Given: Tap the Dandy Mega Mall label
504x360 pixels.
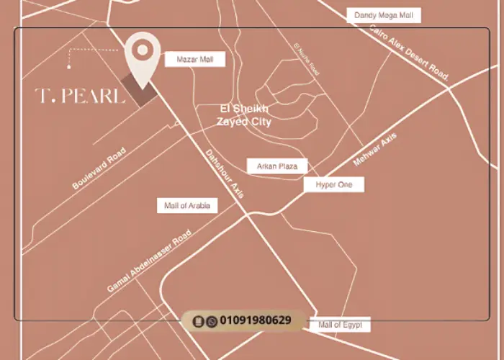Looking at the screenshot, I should tap(383, 15).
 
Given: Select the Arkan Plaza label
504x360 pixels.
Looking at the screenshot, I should tap(277, 166).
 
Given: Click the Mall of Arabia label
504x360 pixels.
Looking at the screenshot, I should tap(187, 206).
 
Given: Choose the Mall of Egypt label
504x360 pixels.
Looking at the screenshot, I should tap(340, 325).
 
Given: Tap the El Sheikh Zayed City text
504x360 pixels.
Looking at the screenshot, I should tap(244, 115).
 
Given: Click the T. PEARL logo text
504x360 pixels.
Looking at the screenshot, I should tap(80, 95).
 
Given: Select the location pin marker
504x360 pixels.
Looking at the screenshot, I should tap(143, 53).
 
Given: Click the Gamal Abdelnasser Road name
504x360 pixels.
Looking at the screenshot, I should tap(149, 262).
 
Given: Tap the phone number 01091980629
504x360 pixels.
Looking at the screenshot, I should tap(256, 320).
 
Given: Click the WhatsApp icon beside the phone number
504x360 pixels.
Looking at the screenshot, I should tap(212, 321).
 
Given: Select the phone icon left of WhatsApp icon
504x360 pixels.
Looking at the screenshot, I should tap(200, 321).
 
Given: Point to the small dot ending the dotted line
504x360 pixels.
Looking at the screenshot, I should tap(69, 67).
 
